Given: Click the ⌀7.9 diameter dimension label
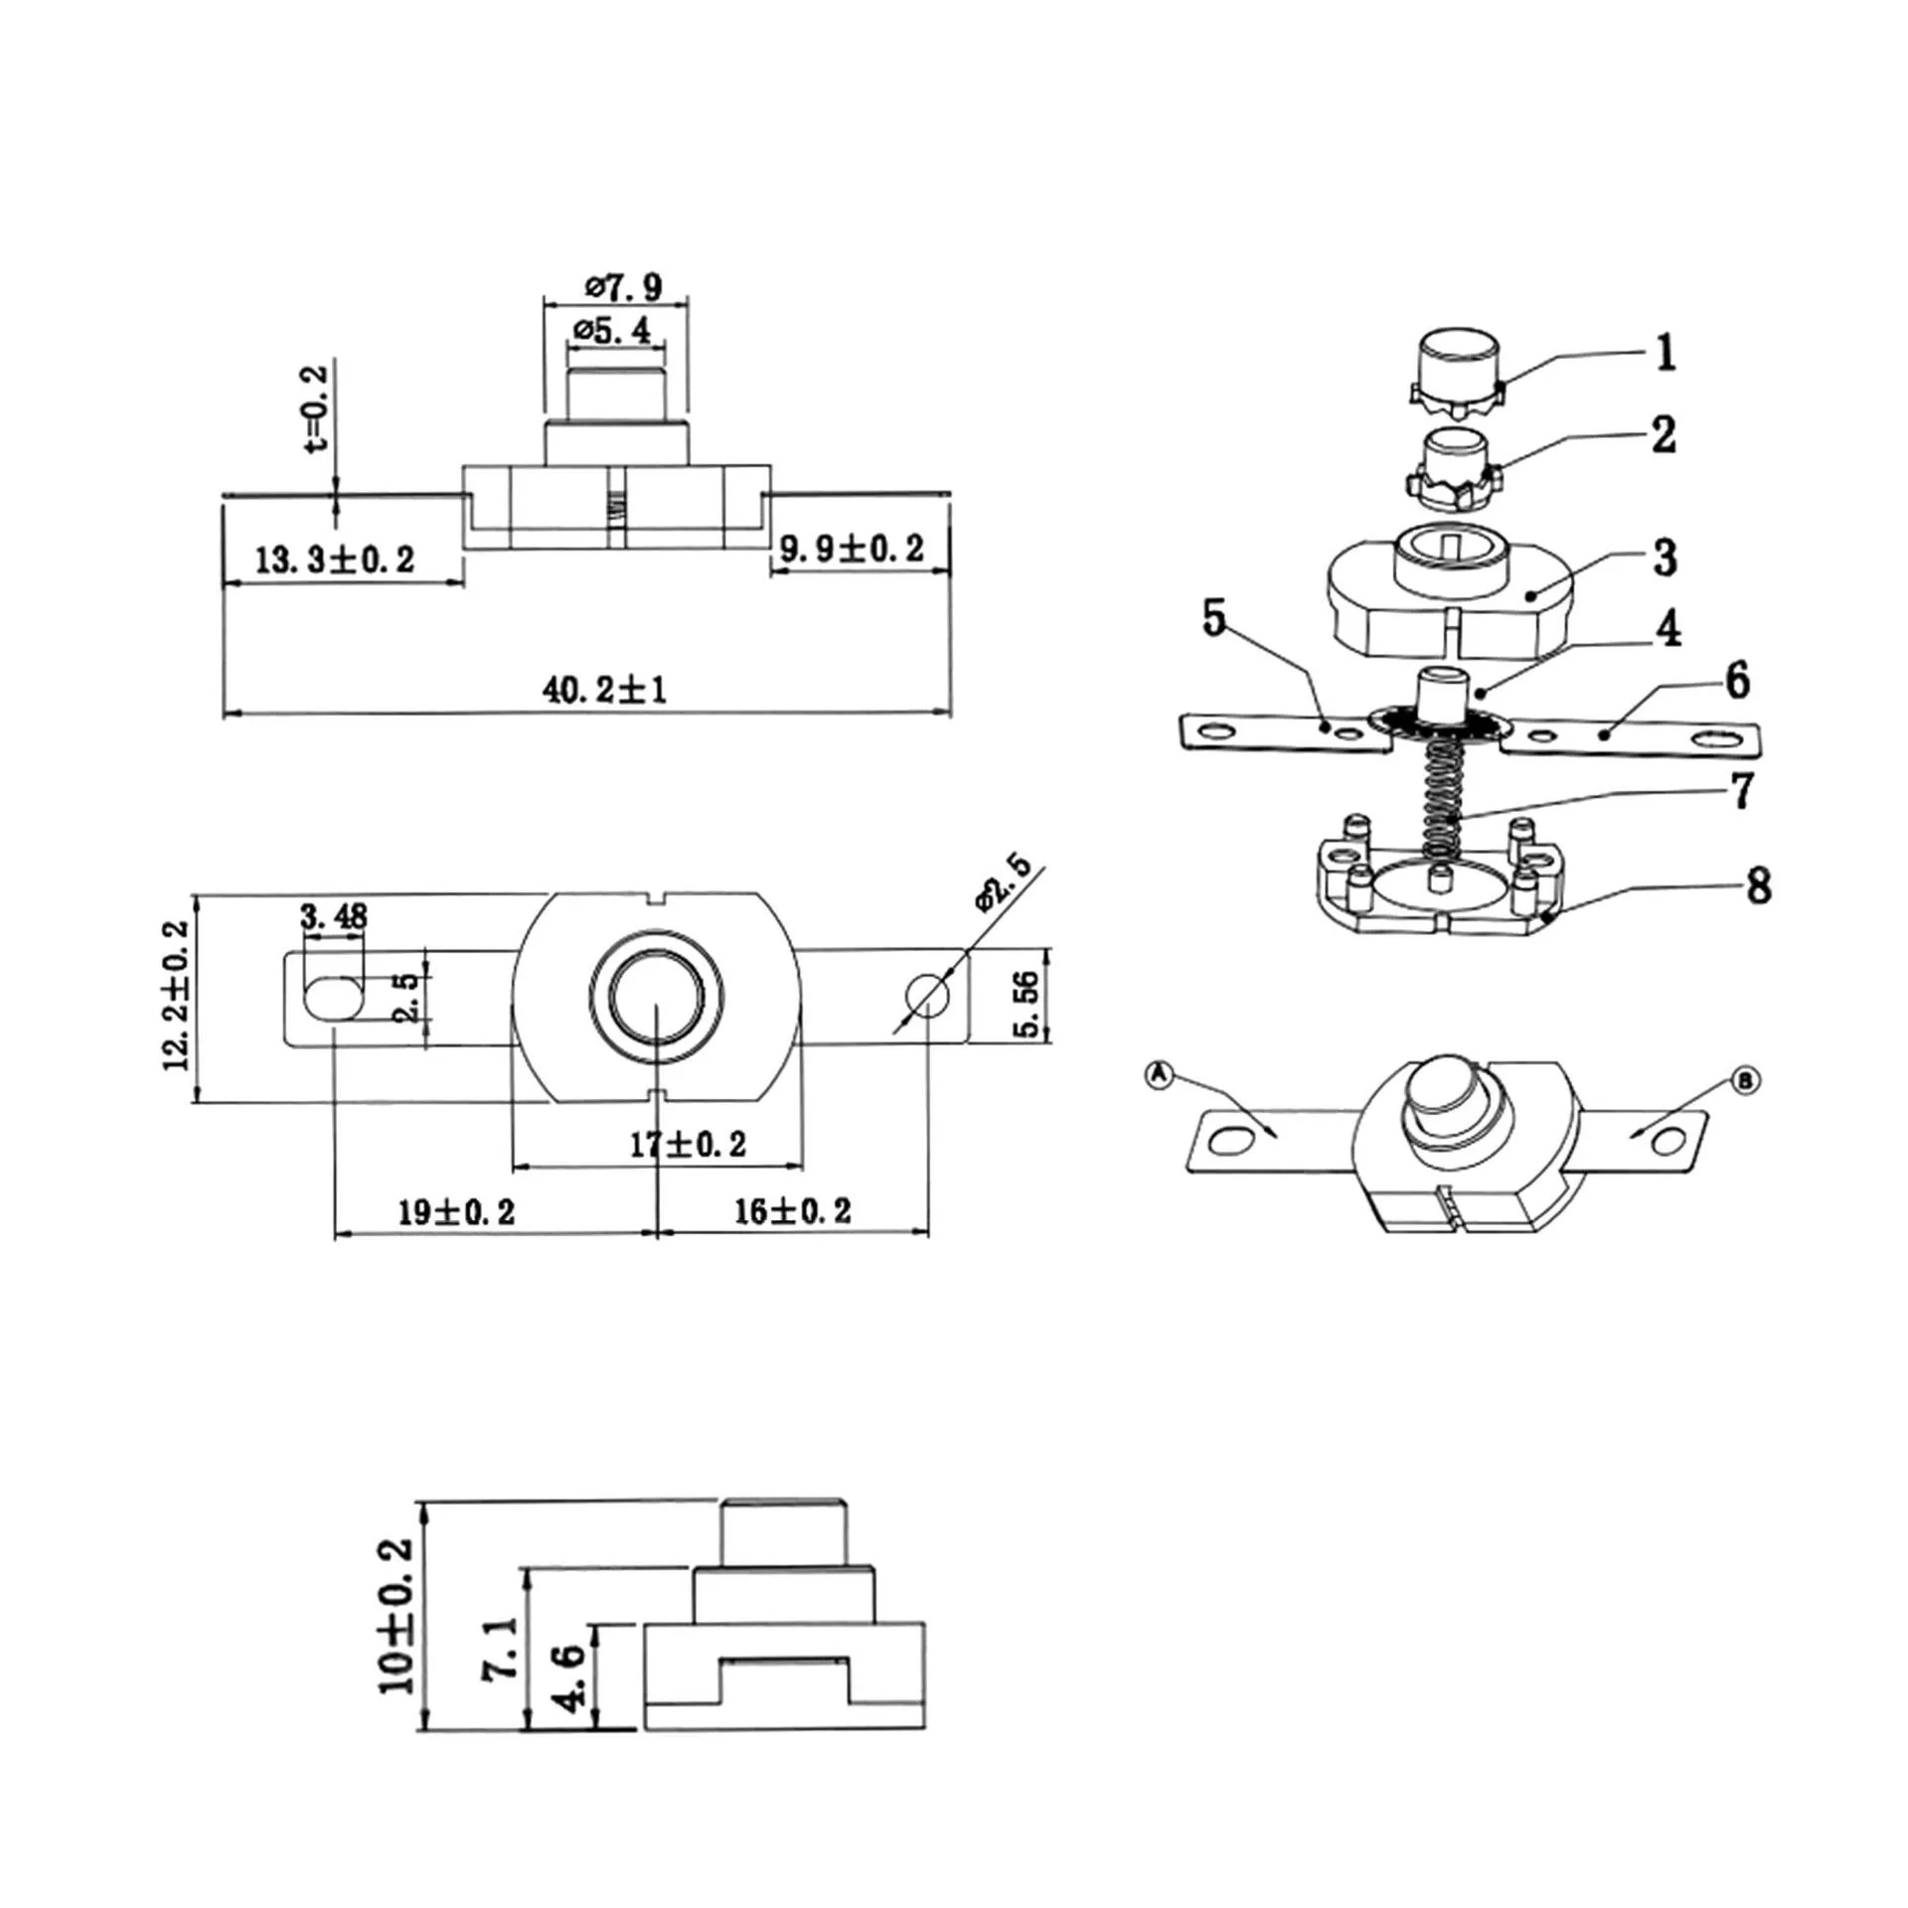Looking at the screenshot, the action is click(623, 287).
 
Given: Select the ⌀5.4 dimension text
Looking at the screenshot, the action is click(612, 329).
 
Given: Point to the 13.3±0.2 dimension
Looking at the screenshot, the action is click(335, 559).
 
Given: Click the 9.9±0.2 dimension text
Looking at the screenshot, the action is click(852, 548).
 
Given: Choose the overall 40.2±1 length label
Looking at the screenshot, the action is click(604, 689).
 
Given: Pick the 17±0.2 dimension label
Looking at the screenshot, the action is click(688, 1144).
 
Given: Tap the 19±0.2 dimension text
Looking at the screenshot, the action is click(456, 1211).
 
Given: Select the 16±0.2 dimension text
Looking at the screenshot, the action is click(793, 1210).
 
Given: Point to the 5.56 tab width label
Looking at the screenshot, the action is click(1028, 1004).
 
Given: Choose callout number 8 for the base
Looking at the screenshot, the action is click(1758, 884).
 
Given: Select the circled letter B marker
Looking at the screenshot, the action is click(1745, 1080).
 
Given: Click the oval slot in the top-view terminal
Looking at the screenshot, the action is click(332, 998).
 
